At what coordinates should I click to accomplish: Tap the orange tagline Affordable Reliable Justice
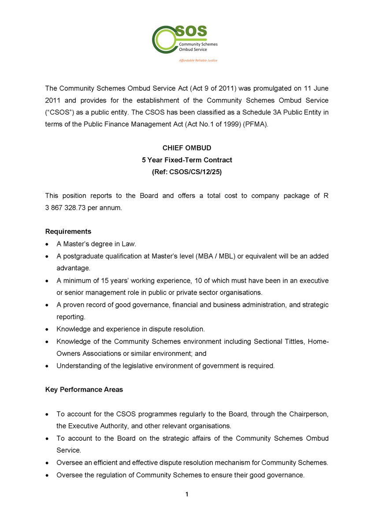[x=198, y=60]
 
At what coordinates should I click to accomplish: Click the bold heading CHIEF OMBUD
[x=187, y=148]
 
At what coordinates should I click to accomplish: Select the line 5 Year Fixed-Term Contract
[x=187, y=160]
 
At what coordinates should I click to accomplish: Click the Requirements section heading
[x=68, y=231]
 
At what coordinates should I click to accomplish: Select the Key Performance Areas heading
[x=84, y=389]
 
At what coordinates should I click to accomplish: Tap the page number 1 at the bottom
[x=187, y=495]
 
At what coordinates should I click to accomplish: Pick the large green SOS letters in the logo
[x=190, y=31]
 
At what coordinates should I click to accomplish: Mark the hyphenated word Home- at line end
[x=318, y=341]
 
